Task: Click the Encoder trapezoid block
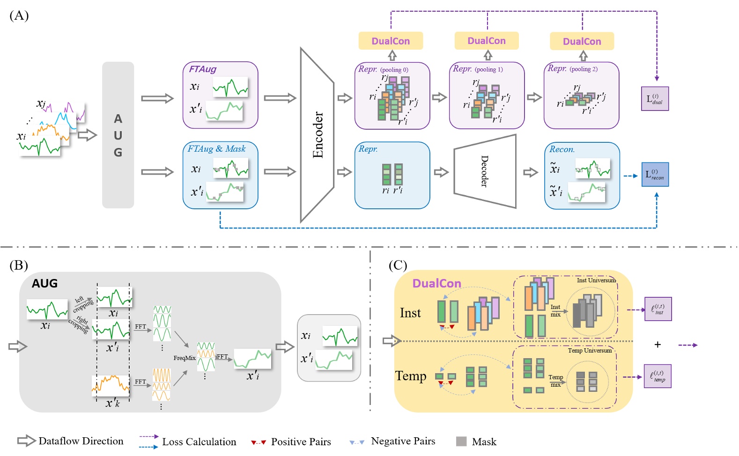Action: pyautogui.click(x=317, y=135)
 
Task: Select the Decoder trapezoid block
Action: pyautogui.click(x=485, y=171)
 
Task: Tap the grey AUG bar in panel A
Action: pyautogui.click(x=118, y=135)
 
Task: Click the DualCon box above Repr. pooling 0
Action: pyautogui.click(x=391, y=41)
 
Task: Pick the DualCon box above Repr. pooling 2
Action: pyautogui.click(x=582, y=41)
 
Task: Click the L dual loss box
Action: pyautogui.click(x=654, y=99)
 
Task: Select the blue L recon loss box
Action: pyautogui.click(x=655, y=175)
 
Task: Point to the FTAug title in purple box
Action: pyautogui.click(x=202, y=69)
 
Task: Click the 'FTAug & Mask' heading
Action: pyautogui.click(x=216, y=149)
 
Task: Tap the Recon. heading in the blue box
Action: pyautogui.click(x=562, y=149)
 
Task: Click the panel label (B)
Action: pyautogui.click(x=19, y=265)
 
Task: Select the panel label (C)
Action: pyautogui.click(x=398, y=265)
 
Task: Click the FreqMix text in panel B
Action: pyautogui.click(x=185, y=358)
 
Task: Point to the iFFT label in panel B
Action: pyautogui.click(x=221, y=357)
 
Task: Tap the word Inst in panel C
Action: pyautogui.click(x=410, y=313)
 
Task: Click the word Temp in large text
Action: pyautogui.click(x=411, y=376)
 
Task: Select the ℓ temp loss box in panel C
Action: pyautogui.click(x=658, y=376)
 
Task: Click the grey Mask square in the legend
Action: pyautogui.click(x=461, y=441)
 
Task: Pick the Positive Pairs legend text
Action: pyautogui.click(x=301, y=442)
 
